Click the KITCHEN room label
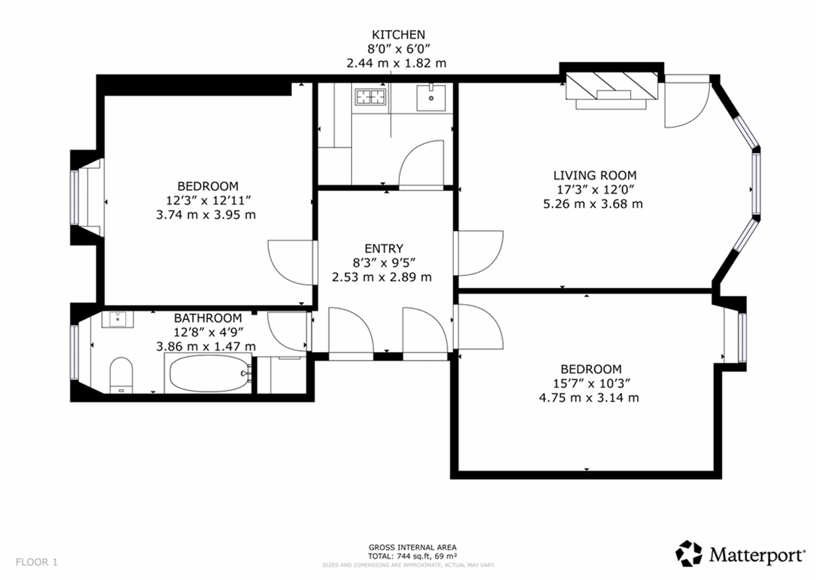pos(398,35)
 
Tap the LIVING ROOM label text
pos(595,176)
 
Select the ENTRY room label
pos(384,248)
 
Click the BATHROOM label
pos(208,318)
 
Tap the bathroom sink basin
pos(118,319)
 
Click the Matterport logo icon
pos(689,553)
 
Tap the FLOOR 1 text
pos(37,562)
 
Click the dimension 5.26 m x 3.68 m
pos(593,204)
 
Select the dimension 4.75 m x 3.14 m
pos(589,397)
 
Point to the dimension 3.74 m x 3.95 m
pos(206,215)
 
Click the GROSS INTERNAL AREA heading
pos(412,547)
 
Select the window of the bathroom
pos(74,352)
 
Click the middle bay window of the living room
pos(756,183)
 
